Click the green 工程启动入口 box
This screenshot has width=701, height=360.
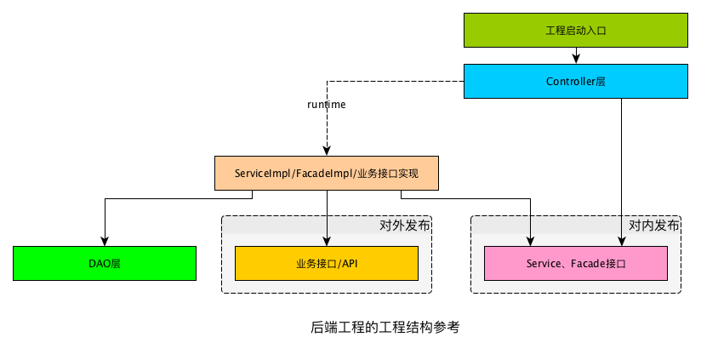tap(575, 30)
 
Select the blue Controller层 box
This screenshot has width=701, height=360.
tap(575, 82)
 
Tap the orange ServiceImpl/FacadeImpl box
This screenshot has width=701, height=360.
tap(326, 173)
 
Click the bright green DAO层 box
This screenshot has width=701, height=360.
tap(105, 264)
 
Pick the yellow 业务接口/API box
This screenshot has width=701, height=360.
tap(327, 264)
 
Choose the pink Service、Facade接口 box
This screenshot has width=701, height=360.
tap(576, 264)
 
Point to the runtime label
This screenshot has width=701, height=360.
tap(326, 105)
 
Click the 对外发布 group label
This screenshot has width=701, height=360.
tap(404, 226)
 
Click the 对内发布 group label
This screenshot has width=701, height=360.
tap(653, 226)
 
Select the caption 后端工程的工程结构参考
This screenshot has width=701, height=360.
tap(385, 327)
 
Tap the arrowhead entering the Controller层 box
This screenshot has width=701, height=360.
tap(576, 60)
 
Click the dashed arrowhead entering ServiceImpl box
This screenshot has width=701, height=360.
tap(327, 151)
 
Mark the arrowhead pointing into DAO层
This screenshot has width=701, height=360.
tap(105, 242)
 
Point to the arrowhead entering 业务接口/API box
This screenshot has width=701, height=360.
tap(327, 242)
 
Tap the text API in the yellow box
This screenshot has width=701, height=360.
tap(349, 264)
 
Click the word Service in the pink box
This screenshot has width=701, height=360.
tap(544, 264)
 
